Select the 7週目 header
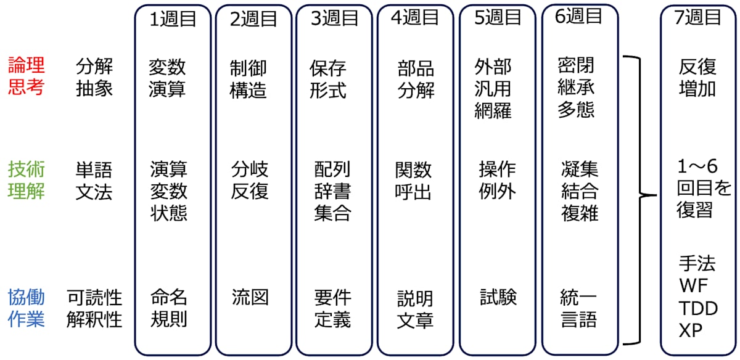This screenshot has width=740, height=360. click(x=698, y=18)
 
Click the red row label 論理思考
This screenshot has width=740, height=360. click(x=26, y=76)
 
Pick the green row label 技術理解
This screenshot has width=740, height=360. click(x=26, y=179)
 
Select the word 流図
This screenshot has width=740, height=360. click(x=250, y=297)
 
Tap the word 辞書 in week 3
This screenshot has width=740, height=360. click(x=332, y=191)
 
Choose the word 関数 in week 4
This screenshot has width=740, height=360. click(x=414, y=170)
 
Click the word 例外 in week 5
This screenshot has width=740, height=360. click(x=497, y=191)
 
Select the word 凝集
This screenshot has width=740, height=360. click(x=580, y=168)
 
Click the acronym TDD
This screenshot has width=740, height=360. click(x=698, y=308)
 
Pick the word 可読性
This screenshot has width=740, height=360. click(x=94, y=298)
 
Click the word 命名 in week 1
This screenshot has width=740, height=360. click(x=168, y=297)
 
